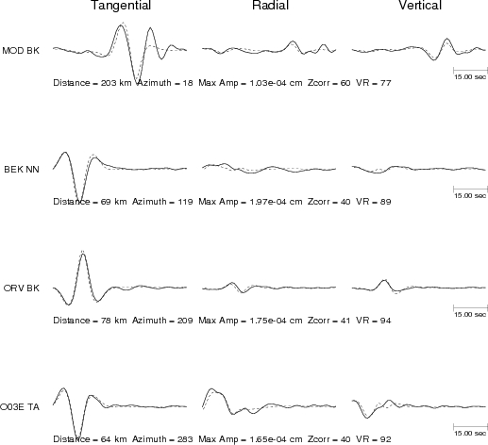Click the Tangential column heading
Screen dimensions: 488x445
click(121, 6)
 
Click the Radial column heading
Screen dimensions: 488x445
click(270, 6)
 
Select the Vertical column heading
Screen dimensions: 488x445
click(420, 6)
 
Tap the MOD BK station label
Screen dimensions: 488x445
click(21, 51)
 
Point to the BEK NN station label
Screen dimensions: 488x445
click(22, 170)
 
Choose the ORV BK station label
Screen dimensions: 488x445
click(22, 288)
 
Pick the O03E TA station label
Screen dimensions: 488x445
click(20, 407)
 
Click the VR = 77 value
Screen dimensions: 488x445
click(374, 83)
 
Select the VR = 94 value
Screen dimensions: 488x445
click(374, 321)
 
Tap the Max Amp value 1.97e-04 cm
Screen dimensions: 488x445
click(276, 202)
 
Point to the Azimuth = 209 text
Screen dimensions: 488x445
click(162, 321)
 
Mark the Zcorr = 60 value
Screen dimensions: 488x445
click(328, 83)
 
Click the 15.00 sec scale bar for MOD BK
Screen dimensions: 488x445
click(470, 70)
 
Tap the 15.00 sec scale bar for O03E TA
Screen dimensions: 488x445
click(470, 426)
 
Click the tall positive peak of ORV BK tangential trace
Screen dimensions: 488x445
click(83, 254)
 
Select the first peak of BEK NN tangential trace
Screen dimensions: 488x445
click(65, 153)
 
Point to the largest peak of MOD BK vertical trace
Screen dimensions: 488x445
click(446, 39)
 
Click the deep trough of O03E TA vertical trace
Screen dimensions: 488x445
click(367, 418)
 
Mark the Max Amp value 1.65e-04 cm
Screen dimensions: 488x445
click(276, 439)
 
